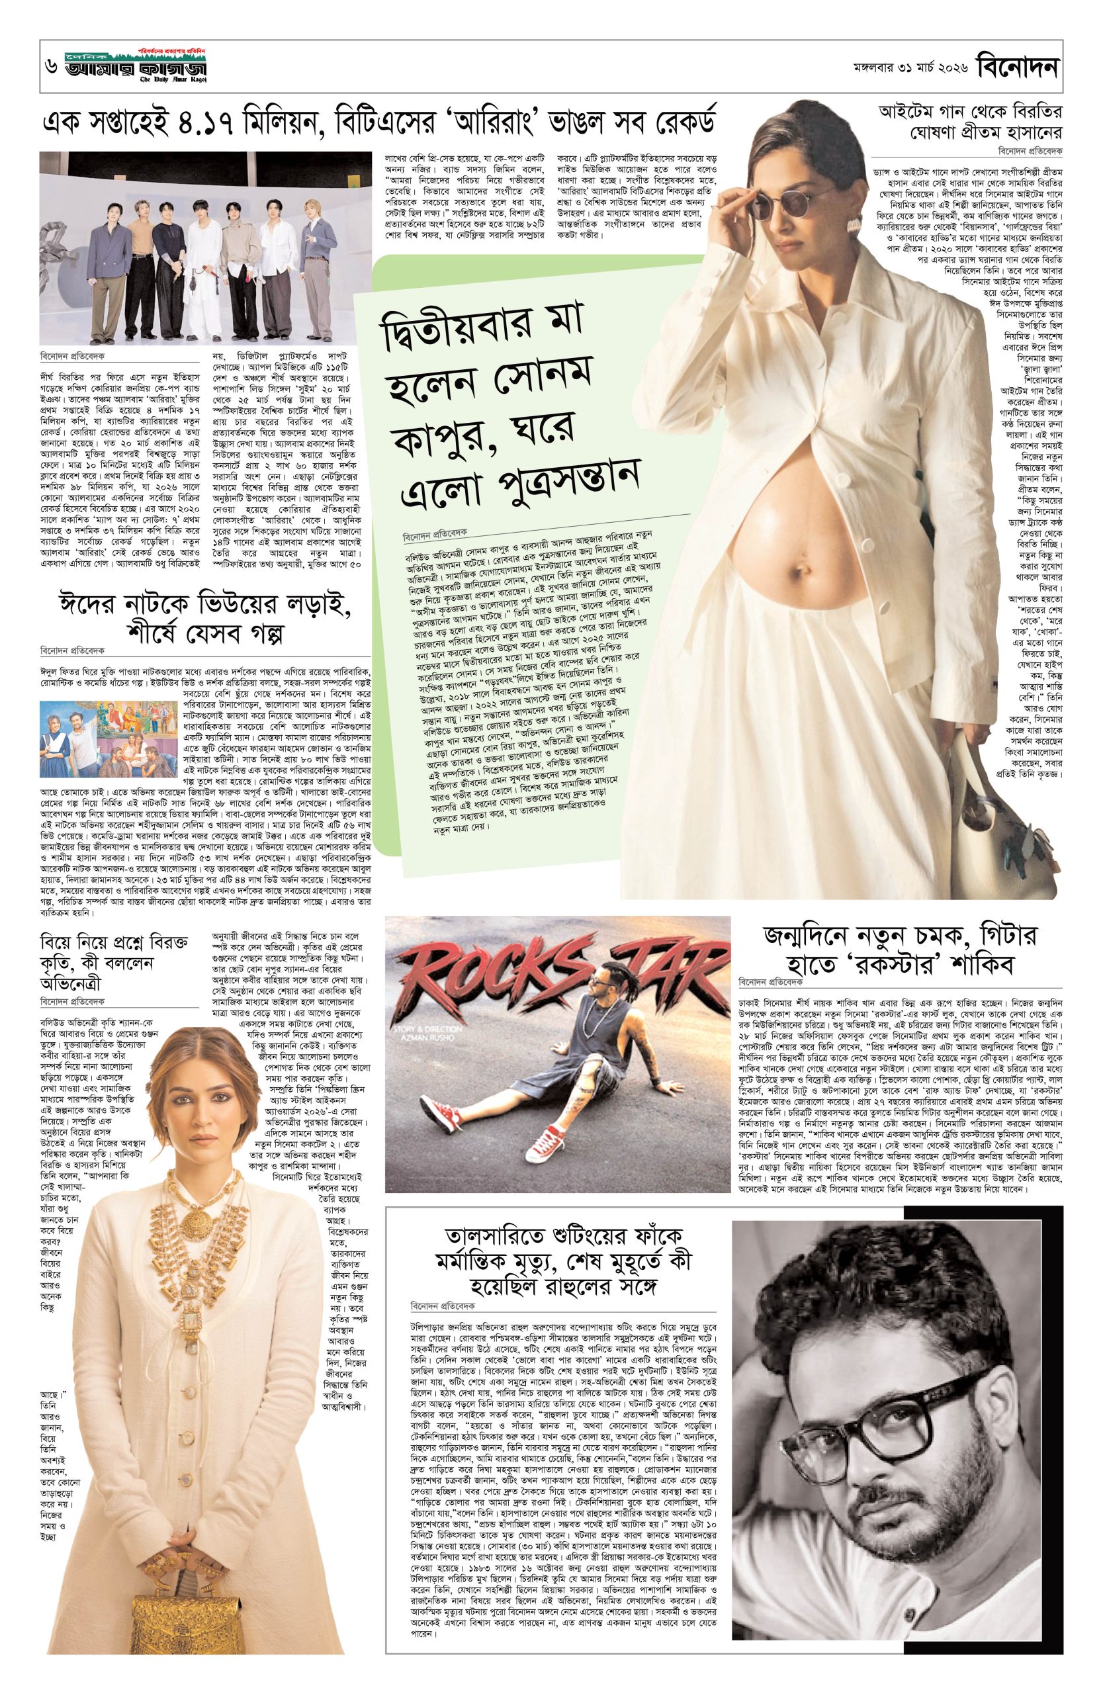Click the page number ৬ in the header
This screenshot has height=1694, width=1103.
pos(50,68)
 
